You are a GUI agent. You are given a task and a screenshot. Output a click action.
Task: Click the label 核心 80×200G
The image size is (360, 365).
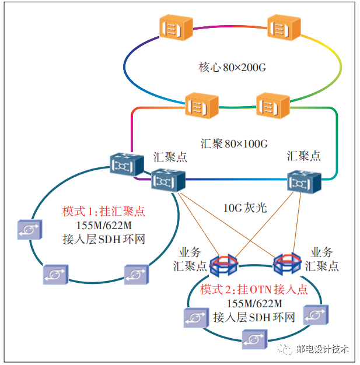(232, 67)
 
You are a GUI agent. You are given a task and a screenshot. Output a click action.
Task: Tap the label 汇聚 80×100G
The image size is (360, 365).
(234, 143)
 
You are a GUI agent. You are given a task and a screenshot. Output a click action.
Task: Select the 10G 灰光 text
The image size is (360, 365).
(246, 208)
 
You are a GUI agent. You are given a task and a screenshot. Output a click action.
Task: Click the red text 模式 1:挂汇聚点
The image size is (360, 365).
(104, 212)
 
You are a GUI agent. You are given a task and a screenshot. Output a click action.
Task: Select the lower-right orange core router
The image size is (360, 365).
(273, 105)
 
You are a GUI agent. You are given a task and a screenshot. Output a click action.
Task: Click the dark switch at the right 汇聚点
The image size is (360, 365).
(305, 182)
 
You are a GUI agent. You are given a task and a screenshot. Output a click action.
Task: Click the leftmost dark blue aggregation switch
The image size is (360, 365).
(127, 165)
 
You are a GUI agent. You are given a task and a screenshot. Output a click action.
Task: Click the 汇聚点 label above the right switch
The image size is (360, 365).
(303, 156)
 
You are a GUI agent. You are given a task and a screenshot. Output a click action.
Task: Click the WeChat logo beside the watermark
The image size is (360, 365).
(286, 349)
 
